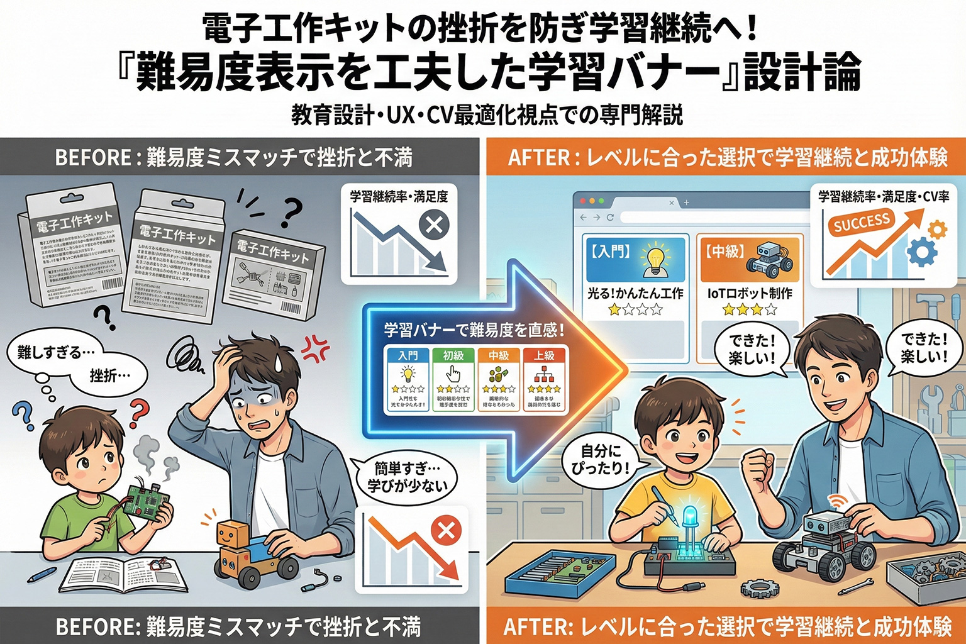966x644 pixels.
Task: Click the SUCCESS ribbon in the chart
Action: (861, 223)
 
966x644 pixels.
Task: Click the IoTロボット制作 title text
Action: (750, 293)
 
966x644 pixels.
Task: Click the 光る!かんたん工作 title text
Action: (635, 293)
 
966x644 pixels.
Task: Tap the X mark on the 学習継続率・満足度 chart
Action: (433, 224)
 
